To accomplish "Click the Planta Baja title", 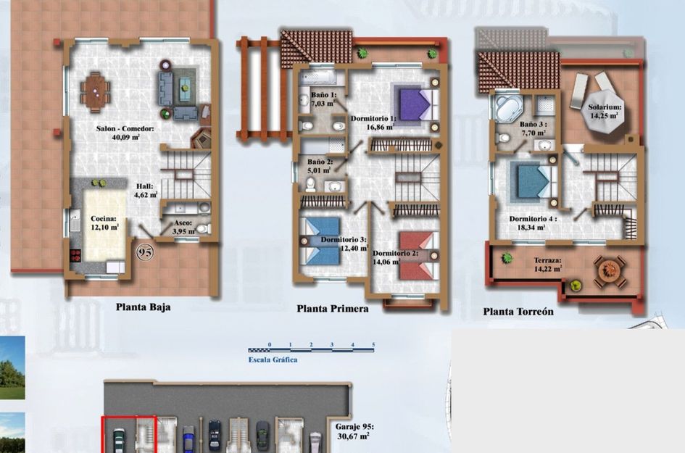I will pos(144,307).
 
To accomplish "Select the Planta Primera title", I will pos(333,309).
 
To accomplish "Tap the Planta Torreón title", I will pos(518,312).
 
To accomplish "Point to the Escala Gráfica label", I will pos(273,360).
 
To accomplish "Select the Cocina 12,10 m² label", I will pos(104,222).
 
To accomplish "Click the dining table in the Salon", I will pos(96,91).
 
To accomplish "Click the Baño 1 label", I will pos(323,99).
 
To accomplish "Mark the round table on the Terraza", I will pos(610,270).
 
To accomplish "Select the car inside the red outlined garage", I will pos(119,440).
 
